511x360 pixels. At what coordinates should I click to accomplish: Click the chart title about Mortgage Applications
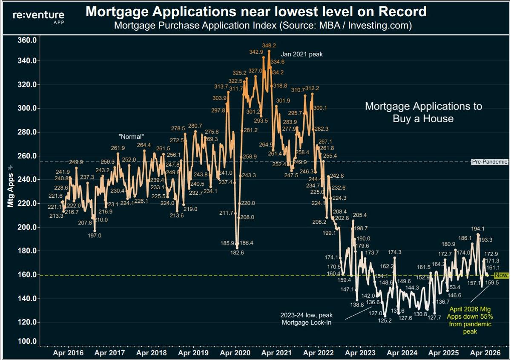pyautogui.click(x=256, y=11)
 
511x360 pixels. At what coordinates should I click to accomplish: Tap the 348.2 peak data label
pyautogui.click(x=269, y=45)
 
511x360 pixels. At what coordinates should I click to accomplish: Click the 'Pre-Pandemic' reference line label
pyautogui.click(x=490, y=162)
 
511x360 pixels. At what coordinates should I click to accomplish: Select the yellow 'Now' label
pyautogui.click(x=501, y=275)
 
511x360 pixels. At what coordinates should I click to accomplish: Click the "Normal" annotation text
pyautogui.click(x=131, y=136)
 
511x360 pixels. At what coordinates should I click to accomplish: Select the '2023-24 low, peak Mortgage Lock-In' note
pyautogui.click(x=306, y=318)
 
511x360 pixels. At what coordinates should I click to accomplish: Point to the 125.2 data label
pyautogui.click(x=385, y=320)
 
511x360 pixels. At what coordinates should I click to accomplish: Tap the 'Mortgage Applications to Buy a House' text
pyautogui.click(x=423, y=112)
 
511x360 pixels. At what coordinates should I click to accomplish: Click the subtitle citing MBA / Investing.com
pyautogui.click(x=263, y=26)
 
